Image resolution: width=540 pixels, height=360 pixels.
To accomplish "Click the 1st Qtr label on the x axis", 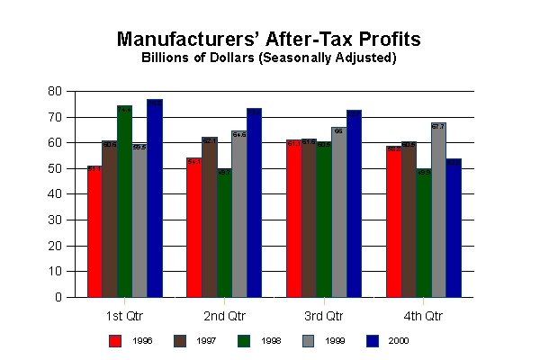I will click(x=125, y=316).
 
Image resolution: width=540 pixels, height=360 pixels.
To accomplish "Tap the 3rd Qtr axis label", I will click(x=324, y=316).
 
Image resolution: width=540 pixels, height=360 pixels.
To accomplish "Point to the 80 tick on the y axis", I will click(x=55, y=92).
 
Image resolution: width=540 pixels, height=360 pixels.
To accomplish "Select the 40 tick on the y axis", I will click(x=55, y=194).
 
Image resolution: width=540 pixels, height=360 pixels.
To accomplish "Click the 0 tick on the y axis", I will click(x=58, y=297).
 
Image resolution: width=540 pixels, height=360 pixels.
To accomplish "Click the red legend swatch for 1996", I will click(x=115, y=340).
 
